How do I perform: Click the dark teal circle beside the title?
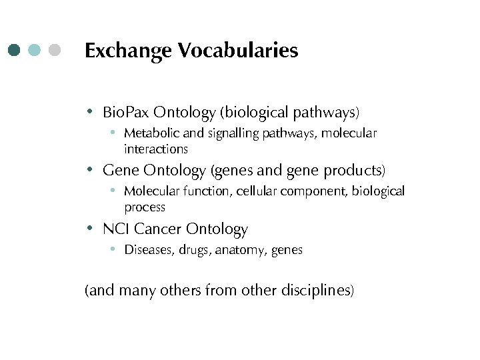[15, 50]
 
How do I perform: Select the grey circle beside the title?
[55, 50]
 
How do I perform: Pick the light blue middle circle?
[35, 50]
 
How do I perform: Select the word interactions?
[156, 149]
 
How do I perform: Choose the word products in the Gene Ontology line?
[353, 171]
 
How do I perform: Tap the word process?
[145, 207]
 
